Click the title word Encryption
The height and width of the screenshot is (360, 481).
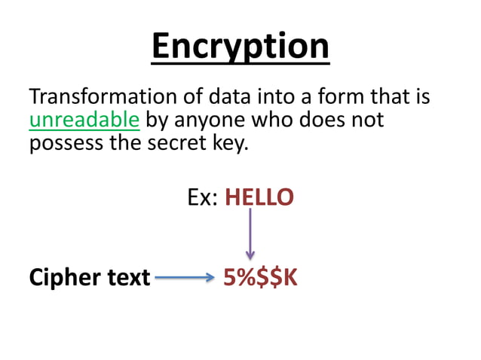click(x=240, y=46)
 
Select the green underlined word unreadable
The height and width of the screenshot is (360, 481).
click(x=84, y=120)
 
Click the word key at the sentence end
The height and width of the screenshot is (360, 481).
click(x=228, y=142)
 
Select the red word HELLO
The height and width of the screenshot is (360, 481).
click(x=259, y=198)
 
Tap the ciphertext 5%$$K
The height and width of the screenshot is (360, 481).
click(x=260, y=278)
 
